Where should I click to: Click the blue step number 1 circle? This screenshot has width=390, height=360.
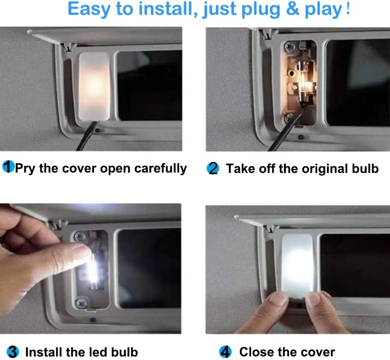tap(9, 167)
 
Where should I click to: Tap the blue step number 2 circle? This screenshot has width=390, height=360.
tap(213, 168)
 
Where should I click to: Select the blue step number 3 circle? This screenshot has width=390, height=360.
tap(13, 352)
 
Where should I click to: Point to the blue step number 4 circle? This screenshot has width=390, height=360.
tap(225, 351)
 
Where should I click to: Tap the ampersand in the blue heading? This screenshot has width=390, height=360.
tap(292, 9)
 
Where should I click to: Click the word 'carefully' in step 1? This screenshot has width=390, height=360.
tap(161, 169)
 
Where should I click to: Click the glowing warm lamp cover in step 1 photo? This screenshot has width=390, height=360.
tap(94, 86)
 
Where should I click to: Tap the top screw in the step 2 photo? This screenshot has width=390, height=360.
tap(289, 46)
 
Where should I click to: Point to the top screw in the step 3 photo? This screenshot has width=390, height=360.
tap(80, 236)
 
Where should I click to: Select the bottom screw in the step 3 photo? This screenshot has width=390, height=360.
tap(81, 303)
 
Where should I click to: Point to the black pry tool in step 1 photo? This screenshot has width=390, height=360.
tap(86, 136)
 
